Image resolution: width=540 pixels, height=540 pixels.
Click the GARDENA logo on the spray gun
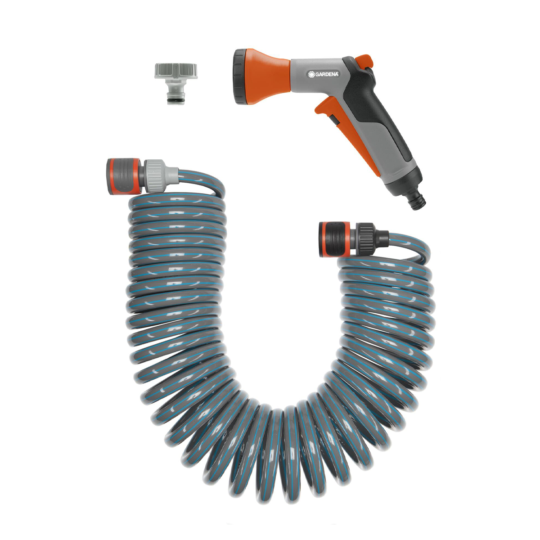point(323,74)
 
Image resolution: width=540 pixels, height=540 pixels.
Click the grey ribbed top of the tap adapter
point(175,70)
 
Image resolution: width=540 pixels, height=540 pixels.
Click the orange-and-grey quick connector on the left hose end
point(123,176)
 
